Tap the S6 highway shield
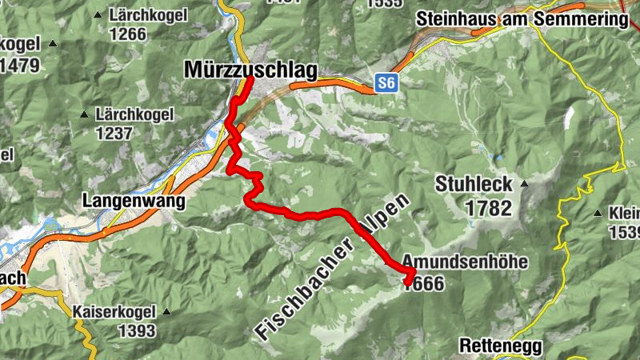point(387,82)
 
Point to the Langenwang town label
point(133,201)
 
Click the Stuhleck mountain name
point(474,185)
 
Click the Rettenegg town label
point(502,346)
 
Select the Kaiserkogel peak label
point(116,311)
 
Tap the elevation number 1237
point(114,133)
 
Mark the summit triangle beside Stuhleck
point(525,183)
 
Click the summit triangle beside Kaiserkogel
point(167,311)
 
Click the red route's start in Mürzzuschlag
point(250,78)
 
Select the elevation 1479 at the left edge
point(20,65)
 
